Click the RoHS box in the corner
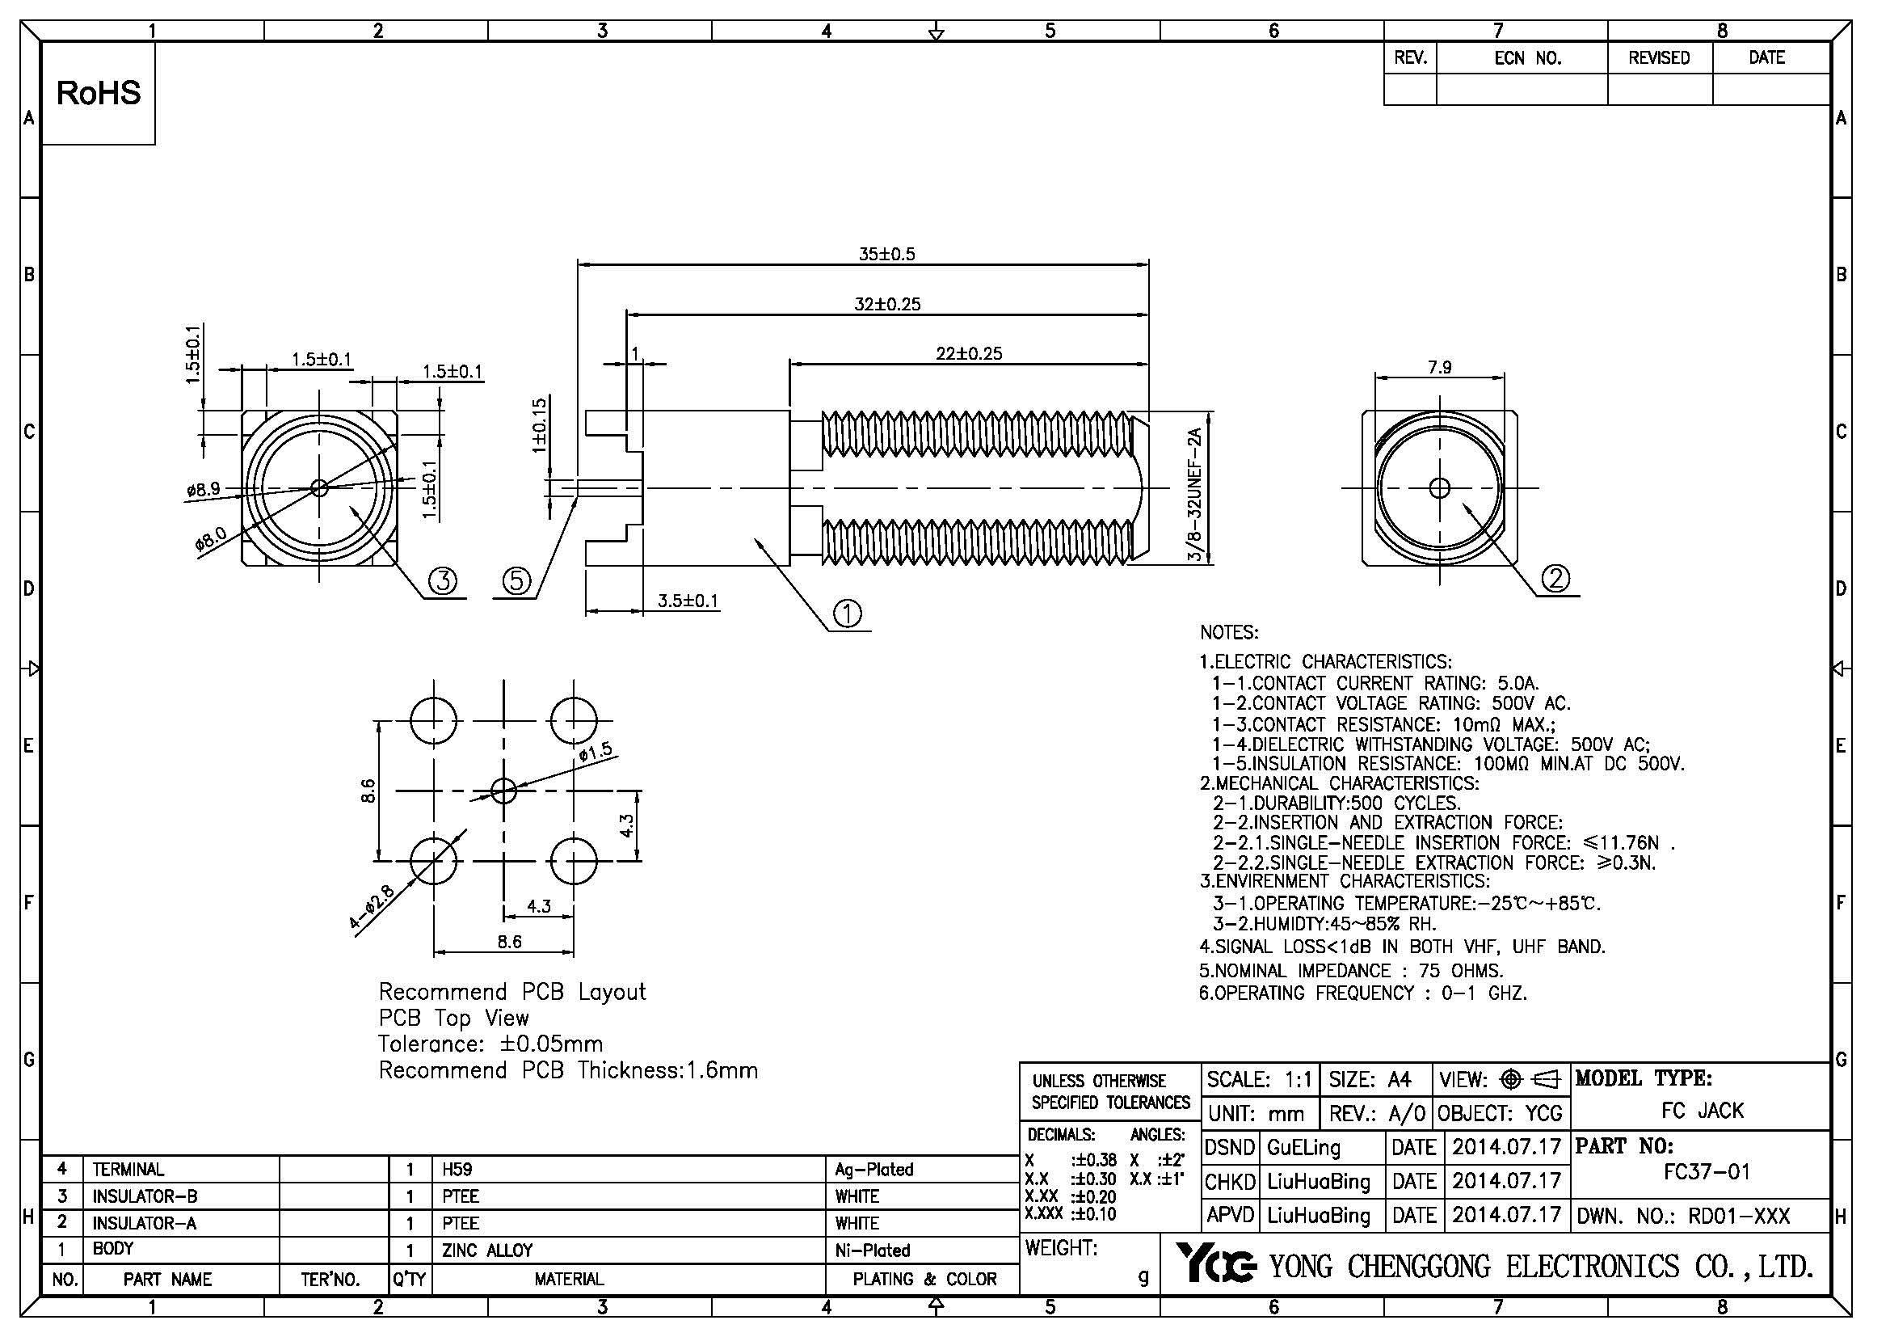(98, 93)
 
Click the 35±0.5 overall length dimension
(886, 255)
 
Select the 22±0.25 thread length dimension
(969, 354)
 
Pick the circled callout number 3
(443, 582)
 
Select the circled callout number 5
(517, 582)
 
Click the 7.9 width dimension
(1440, 367)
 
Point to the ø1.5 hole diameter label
(596, 752)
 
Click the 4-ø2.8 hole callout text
(372, 906)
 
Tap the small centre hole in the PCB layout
(503, 791)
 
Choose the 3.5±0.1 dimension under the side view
(688, 601)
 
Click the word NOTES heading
(1229, 633)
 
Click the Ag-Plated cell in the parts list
(874, 1169)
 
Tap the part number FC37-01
(1707, 1171)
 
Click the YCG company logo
(1214, 1263)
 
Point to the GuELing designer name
(1303, 1148)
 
